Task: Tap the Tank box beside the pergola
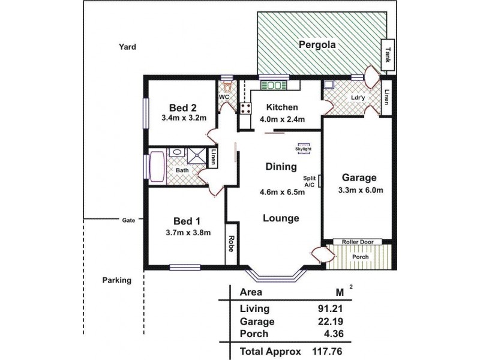388,55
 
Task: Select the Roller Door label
358,242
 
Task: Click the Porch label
360,257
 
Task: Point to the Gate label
128,220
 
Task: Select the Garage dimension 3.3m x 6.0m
359,191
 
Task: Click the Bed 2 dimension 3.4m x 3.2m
184,118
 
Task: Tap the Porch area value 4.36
338,334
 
